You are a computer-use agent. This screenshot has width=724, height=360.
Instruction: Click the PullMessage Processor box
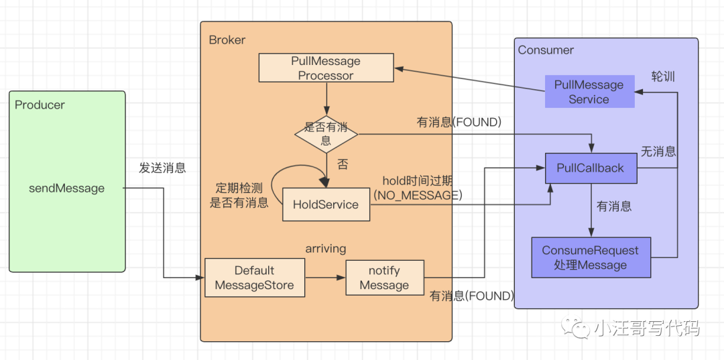[x=326, y=68]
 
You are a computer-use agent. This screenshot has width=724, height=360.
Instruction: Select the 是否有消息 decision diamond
[x=326, y=134]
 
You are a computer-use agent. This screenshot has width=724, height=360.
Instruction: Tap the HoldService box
[x=326, y=204]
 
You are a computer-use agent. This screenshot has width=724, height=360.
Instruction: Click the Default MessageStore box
[x=255, y=278]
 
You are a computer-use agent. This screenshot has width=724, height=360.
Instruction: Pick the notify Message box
[x=385, y=278]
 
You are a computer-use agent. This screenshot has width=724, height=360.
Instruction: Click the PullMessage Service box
[x=589, y=92]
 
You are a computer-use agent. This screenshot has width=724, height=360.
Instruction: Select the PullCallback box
[x=591, y=168]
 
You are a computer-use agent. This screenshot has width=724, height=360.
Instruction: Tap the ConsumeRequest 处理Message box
[x=591, y=257]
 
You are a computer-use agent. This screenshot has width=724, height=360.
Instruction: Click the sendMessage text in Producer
[x=66, y=188]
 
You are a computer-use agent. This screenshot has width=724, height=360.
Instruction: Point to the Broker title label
[x=227, y=40]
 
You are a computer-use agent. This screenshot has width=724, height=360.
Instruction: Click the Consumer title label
[x=546, y=50]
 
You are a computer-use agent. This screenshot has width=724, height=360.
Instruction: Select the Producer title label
[x=40, y=105]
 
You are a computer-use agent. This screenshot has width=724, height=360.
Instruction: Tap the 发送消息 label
[x=162, y=168]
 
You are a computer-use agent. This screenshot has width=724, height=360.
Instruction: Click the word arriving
[x=326, y=248]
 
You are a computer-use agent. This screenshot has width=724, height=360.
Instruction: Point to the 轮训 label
[x=664, y=76]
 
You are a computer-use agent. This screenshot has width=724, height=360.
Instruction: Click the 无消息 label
[x=658, y=151]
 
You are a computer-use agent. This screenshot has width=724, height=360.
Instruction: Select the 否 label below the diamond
[x=343, y=165]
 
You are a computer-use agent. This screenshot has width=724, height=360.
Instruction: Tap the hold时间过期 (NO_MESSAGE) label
[x=418, y=188]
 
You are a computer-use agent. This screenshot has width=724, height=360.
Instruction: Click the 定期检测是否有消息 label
[x=239, y=195]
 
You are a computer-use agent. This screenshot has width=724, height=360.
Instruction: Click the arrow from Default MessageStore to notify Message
[x=326, y=278]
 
